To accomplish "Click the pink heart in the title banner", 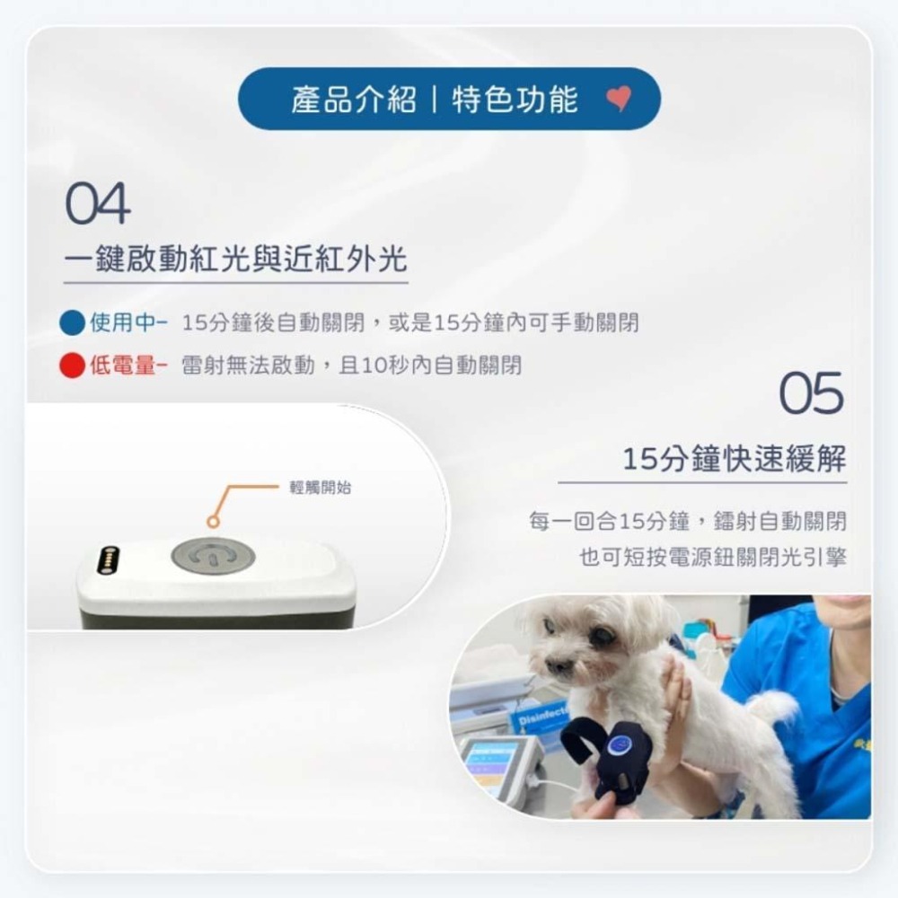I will click(x=619, y=99).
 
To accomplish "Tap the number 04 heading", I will click(x=98, y=204).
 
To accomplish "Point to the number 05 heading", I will click(x=811, y=393).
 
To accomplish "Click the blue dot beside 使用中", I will click(x=72, y=322).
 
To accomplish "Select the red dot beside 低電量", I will click(x=72, y=365).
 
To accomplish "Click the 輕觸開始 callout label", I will click(x=321, y=488).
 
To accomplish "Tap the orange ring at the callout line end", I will click(x=213, y=521).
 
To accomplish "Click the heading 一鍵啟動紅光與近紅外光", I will click(x=235, y=260).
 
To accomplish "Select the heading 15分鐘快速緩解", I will click(x=735, y=460).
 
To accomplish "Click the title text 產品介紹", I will click(x=353, y=99).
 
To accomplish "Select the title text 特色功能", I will click(x=515, y=99).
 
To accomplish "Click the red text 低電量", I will click(x=123, y=365).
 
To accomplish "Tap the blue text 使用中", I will click(x=123, y=322).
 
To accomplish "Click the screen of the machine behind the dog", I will click(x=489, y=763).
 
